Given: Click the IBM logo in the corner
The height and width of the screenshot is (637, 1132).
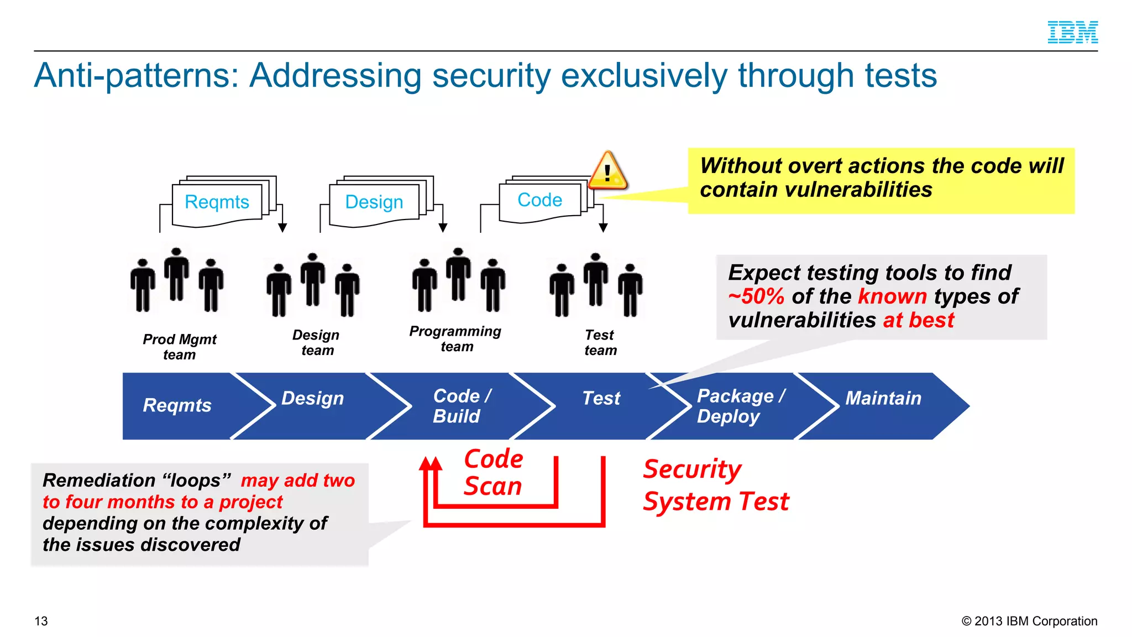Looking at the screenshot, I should (1072, 32).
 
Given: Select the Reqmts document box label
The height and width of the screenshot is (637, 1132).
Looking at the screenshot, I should (217, 202).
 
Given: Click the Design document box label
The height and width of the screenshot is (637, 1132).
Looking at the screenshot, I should (374, 202).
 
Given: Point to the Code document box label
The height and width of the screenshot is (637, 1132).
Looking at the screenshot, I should (539, 200).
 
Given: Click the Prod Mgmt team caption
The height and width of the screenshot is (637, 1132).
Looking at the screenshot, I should (179, 347).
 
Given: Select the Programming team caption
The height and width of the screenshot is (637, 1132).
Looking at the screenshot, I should (455, 338).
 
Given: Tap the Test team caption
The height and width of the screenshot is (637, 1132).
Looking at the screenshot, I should (600, 342).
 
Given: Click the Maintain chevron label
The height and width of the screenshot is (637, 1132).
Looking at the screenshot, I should (883, 398).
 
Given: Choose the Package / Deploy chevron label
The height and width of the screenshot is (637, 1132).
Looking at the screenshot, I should (740, 406).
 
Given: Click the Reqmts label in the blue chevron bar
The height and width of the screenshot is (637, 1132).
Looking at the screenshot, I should (177, 405).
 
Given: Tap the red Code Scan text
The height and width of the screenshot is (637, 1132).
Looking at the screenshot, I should (493, 473).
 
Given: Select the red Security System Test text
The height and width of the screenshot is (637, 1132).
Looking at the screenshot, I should (715, 485).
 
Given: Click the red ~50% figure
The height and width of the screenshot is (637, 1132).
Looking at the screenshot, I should (756, 296).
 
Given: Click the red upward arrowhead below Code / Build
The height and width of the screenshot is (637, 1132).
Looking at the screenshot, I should (431, 463).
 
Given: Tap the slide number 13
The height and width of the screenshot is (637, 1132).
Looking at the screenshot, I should (41, 621).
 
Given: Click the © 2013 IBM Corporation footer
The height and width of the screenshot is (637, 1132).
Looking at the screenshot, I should (1029, 621).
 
